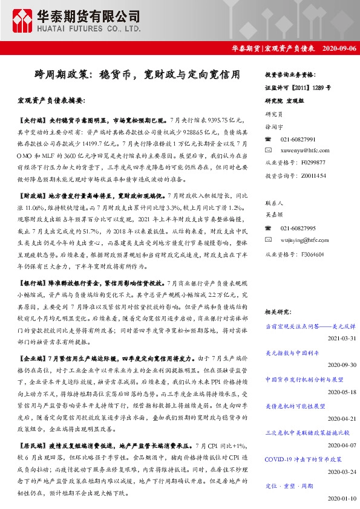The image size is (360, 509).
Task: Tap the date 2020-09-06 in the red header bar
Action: pyautogui.click(x=339, y=48)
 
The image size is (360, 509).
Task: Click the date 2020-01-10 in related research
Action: pyautogui.click(x=342, y=499)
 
